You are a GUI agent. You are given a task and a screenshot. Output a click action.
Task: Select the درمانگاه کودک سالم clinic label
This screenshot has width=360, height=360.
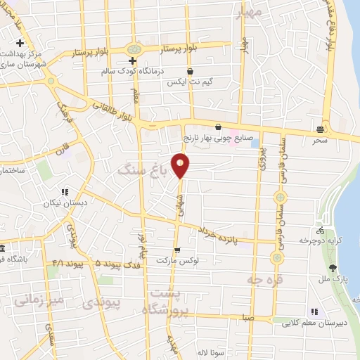point(128,72)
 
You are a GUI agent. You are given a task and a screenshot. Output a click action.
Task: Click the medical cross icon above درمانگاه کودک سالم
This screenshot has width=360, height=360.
point(131,61)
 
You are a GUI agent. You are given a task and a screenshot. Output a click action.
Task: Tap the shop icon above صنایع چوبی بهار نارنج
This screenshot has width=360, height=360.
point(217,127)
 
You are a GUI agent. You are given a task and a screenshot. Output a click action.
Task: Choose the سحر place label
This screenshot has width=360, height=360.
point(322,140)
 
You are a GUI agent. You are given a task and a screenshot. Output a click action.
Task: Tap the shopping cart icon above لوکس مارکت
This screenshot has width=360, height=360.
point(177,250)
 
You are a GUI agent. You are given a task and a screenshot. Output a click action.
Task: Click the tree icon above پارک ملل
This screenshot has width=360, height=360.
point(333,267)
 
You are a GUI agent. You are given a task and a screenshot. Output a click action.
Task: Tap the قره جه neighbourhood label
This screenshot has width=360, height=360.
point(259,278)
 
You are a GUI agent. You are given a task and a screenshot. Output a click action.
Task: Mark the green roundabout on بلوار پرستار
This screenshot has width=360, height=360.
point(133,49)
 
